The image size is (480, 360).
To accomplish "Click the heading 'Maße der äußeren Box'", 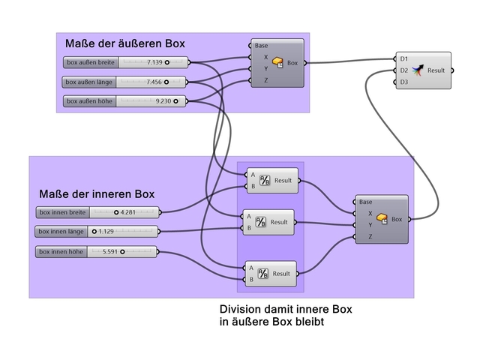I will click(125, 43).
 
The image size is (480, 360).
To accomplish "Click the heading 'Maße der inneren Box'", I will click(97, 194).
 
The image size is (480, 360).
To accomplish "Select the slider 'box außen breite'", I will click(90, 63).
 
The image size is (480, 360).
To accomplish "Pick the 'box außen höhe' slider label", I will click(90, 100).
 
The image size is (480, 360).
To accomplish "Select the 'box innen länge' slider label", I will click(62, 232).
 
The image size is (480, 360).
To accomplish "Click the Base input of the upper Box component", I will click(261, 46).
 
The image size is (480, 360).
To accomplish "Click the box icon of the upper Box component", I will click(278, 63).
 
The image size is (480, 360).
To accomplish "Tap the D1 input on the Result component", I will click(404, 58).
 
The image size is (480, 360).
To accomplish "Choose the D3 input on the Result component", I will click(404, 82).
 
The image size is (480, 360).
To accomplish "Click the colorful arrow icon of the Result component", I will click(417, 70).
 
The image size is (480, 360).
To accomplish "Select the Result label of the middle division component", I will click(279, 222).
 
